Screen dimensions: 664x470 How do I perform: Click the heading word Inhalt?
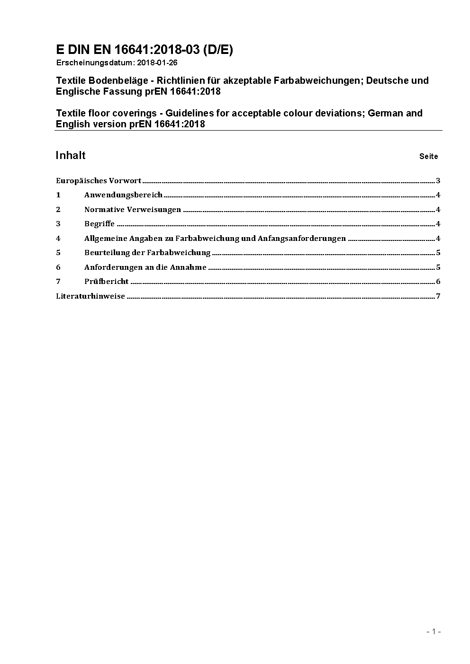[71, 156]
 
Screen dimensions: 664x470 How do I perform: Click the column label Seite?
[428, 156]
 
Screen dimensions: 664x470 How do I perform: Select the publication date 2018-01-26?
[157, 62]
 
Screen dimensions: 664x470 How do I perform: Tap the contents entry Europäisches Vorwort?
[99, 180]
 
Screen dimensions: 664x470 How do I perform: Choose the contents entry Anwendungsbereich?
[123, 195]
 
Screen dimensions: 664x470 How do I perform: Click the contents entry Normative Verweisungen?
[133, 210]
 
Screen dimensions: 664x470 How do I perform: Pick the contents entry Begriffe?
[99, 224]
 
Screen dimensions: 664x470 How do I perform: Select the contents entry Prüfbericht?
[106, 282]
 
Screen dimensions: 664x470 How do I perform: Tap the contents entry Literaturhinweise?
[90, 296]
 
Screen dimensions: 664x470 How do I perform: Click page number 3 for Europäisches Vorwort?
[438, 180]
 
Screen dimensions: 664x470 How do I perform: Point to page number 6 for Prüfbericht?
[438, 282]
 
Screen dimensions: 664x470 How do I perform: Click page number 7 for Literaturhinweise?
[438, 296]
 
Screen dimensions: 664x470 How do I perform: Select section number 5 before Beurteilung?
[58, 253]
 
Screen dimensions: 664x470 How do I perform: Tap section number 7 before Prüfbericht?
[58, 282]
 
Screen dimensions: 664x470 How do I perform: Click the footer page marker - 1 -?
[434, 631]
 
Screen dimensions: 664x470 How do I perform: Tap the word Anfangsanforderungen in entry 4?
[302, 239]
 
